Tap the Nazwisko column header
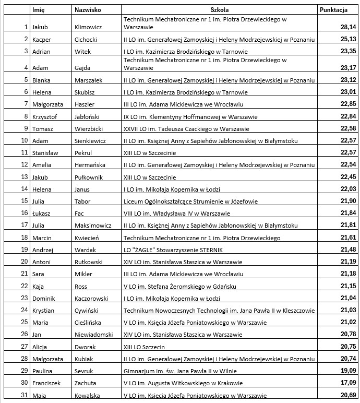click(x=88, y=9)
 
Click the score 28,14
click(x=348, y=27)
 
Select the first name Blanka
click(x=41, y=80)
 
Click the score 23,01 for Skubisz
click(x=348, y=92)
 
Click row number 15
click(x=24, y=201)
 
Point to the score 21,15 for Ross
click(x=348, y=286)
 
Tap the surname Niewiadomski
click(x=94, y=335)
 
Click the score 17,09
click(x=348, y=383)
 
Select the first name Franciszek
click(x=46, y=383)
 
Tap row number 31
click(x=24, y=395)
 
